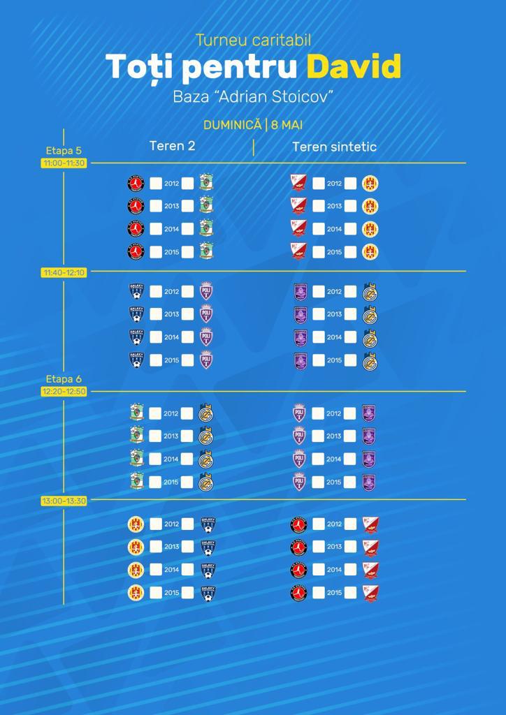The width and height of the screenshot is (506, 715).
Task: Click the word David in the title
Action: [354, 67]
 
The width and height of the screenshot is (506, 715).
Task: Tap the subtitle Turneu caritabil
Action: [253, 40]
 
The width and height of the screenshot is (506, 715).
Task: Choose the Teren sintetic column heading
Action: [334, 147]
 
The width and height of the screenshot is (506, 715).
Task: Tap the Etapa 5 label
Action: [64, 150]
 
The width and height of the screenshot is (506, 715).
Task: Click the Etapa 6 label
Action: [64, 378]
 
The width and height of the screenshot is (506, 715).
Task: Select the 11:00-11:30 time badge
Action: [64, 163]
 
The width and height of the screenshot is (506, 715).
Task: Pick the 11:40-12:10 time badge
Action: [64, 272]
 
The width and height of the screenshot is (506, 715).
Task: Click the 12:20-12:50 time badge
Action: [64, 391]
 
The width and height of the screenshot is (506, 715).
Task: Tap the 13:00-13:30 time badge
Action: [64, 501]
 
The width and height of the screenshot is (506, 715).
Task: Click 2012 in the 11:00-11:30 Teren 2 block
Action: [171, 184]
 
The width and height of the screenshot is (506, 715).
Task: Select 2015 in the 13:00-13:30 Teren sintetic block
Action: [334, 593]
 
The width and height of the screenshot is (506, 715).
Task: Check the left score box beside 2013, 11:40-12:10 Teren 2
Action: [155, 314]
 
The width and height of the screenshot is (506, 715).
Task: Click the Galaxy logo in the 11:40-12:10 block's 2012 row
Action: [136, 291]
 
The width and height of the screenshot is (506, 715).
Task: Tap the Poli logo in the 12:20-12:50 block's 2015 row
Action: [300, 482]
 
